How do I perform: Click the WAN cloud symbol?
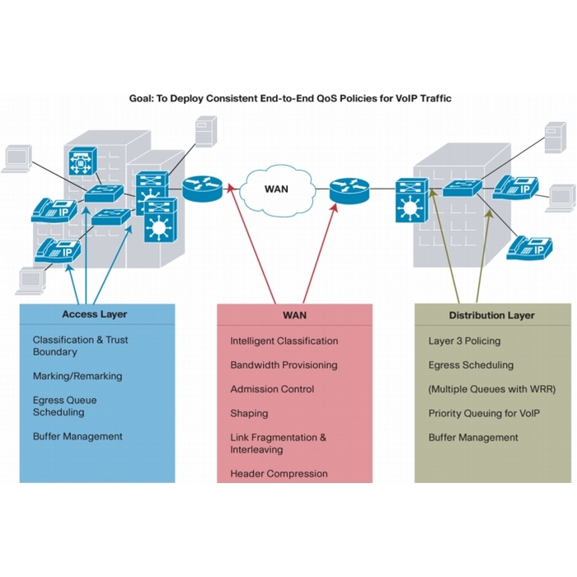point(276,189)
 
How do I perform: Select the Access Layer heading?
point(95,314)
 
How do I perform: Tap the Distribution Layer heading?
point(491,315)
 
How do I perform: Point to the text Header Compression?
point(279,474)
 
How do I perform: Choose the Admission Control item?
point(272,389)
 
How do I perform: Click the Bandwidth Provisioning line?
point(284,364)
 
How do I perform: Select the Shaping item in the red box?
point(249,413)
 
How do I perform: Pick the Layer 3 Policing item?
point(464,340)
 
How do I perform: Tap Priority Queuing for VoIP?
point(484,413)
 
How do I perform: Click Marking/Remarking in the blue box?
point(77,376)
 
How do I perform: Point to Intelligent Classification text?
point(284,340)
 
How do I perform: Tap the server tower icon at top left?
point(204,133)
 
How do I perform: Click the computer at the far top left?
point(16,157)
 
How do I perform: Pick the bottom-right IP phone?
point(528,245)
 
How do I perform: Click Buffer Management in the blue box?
point(77,436)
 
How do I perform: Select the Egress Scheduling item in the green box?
point(471,364)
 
